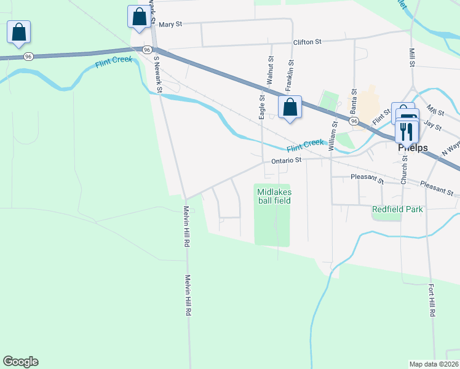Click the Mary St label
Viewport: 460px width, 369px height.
point(171,25)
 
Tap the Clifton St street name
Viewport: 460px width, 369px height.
point(308,42)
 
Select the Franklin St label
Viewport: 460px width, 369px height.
point(289,73)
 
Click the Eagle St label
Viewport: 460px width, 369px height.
point(262,106)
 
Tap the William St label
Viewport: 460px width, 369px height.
point(334,136)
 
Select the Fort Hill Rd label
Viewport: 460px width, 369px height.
point(432,298)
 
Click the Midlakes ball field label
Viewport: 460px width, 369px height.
point(273,196)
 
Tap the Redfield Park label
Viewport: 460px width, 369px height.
point(397,210)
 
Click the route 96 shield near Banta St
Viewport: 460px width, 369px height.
point(353,122)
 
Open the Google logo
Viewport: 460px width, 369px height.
point(20,362)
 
